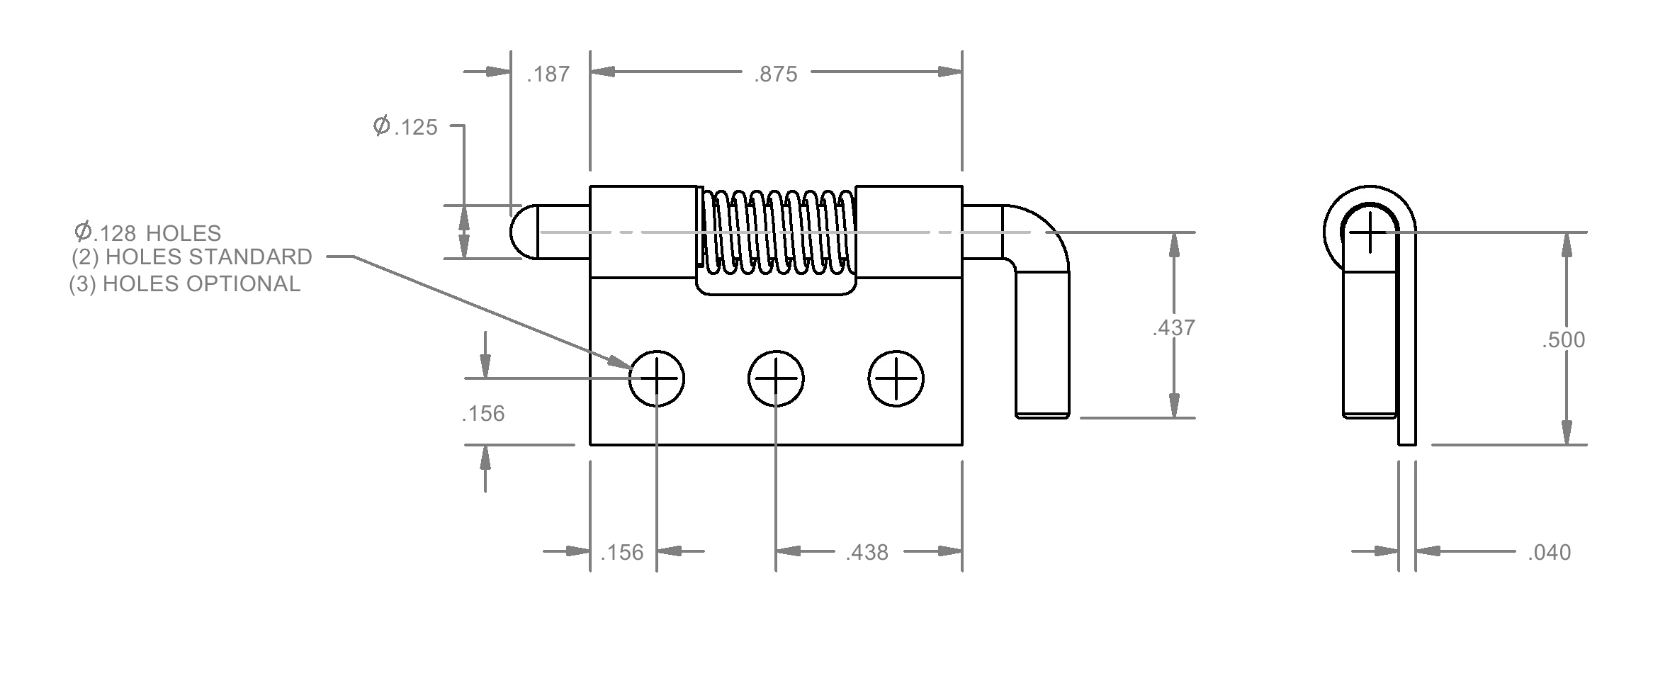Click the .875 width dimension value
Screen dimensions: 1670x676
[776, 74]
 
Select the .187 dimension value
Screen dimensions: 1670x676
[548, 74]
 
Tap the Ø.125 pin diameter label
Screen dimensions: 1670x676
[405, 127]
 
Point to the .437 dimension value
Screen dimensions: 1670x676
[1173, 328]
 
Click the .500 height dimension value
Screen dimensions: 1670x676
[1563, 340]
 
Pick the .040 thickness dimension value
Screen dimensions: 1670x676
[1549, 553]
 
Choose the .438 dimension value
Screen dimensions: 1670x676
[867, 553]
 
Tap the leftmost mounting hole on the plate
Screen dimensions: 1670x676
[656, 378]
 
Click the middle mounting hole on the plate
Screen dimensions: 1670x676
[776, 378]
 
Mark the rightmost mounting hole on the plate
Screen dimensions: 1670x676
[896, 378]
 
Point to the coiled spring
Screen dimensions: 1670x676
[777, 232]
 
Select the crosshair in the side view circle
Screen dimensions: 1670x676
[1370, 232]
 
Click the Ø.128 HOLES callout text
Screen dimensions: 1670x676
[147, 232]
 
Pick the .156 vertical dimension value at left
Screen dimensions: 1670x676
[483, 414]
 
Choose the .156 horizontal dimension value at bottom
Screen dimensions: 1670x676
[622, 553]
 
